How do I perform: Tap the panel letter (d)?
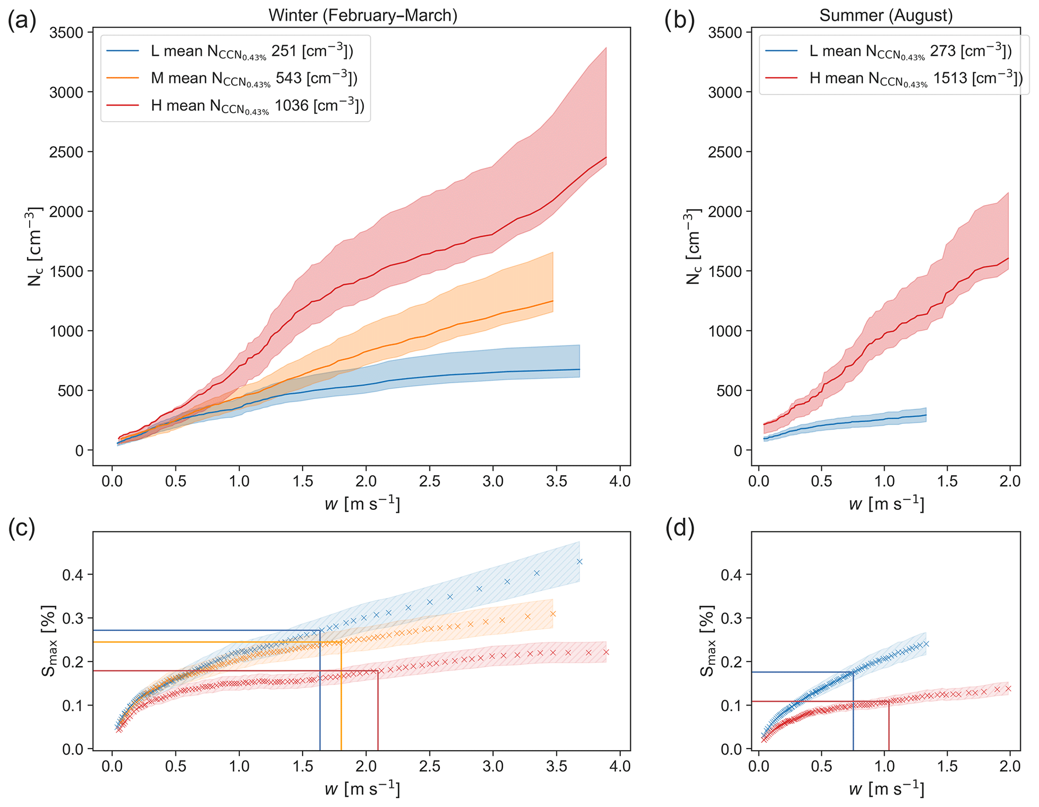click(x=680, y=528)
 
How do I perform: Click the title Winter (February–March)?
click(x=362, y=15)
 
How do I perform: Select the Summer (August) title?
click(x=886, y=15)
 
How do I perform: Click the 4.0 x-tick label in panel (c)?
click(x=619, y=767)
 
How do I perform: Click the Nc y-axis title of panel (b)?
click(x=693, y=247)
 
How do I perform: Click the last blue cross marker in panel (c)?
click(x=580, y=562)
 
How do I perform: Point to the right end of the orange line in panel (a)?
click(x=553, y=301)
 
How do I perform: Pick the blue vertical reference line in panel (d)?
click(x=853, y=714)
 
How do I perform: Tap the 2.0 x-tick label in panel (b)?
click(x=1009, y=481)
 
